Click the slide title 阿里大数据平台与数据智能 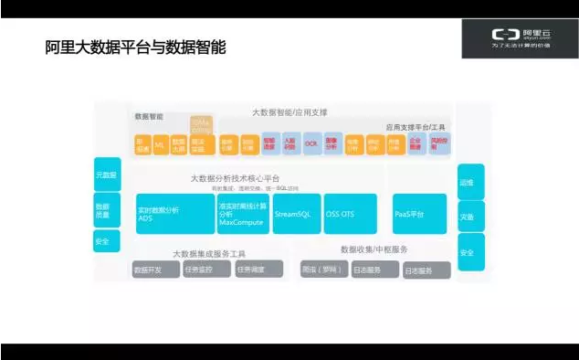(x=135, y=46)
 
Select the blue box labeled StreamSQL (x=297, y=214)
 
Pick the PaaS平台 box (x=419, y=214)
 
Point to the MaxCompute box (x=243, y=214)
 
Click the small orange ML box (x=159, y=144)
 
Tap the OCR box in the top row (x=311, y=144)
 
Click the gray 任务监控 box (x=205, y=270)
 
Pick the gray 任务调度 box (x=257, y=270)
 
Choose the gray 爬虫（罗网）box (x=321, y=270)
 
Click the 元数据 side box (x=107, y=173)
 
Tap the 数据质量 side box (x=107, y=211)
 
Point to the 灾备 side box (x=470, y=217)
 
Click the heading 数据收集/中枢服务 (x=374, y=249)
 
